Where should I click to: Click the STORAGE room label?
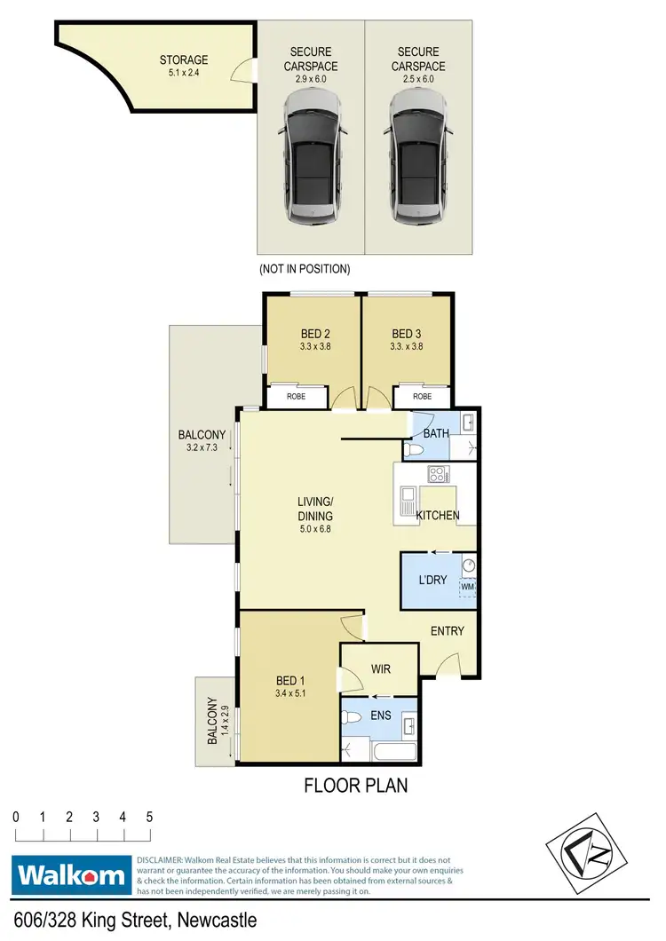click(x=184, y=60)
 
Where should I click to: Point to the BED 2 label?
click(x=311, y=335)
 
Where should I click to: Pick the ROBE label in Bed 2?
click(x=296, y=397)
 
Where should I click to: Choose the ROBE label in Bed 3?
click(x=422, y=397)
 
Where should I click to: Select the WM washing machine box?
click(x=467, y=587)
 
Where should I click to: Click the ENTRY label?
click(x=448, y=631)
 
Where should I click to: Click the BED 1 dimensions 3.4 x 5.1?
click(x=290, y=695)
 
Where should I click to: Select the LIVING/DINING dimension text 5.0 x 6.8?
click(x=315, y=529)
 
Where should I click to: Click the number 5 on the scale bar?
click(x=149, y=817)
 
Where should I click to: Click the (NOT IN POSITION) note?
click(x=304, y=268)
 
